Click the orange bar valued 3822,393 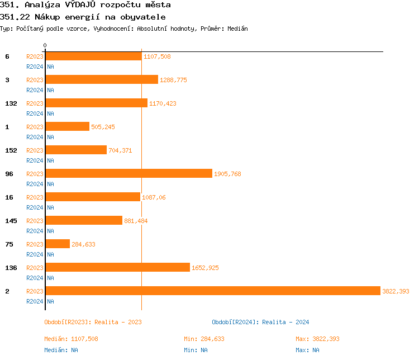[212, 291]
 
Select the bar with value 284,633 [58, 244]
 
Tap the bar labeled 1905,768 [128, 173]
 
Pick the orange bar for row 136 [117, 267]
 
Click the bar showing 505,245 [67, 126]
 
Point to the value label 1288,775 [173, 80]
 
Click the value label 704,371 [120, 150]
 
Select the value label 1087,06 [154, 197]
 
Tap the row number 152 [11, 150]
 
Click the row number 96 [9, 174]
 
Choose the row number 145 [11, 221]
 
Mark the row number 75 [9, 244]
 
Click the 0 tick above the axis [45, 45]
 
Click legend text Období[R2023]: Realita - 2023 [93, 322]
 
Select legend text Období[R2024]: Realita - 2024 [260, 322]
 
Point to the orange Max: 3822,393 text [317, 339]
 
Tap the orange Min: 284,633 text [204, 339]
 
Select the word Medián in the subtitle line [237, 29]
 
